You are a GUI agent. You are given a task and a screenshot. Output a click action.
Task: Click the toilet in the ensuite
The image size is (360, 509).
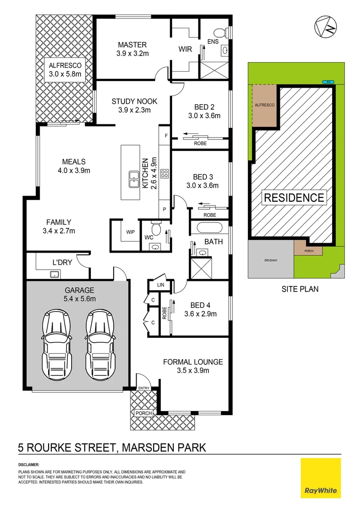[220, 33]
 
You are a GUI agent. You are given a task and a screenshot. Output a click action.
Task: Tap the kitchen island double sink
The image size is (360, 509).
[133, 179]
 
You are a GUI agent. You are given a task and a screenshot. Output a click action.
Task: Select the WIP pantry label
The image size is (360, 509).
[131, 232]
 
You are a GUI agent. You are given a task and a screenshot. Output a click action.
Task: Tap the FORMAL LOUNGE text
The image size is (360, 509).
[193, 362]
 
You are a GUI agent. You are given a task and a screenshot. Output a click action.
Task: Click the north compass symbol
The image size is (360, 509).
[326, 27]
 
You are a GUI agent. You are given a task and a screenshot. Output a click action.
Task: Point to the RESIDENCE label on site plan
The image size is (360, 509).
[294, 197]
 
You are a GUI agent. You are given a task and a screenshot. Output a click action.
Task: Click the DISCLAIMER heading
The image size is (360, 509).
[29, 465]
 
